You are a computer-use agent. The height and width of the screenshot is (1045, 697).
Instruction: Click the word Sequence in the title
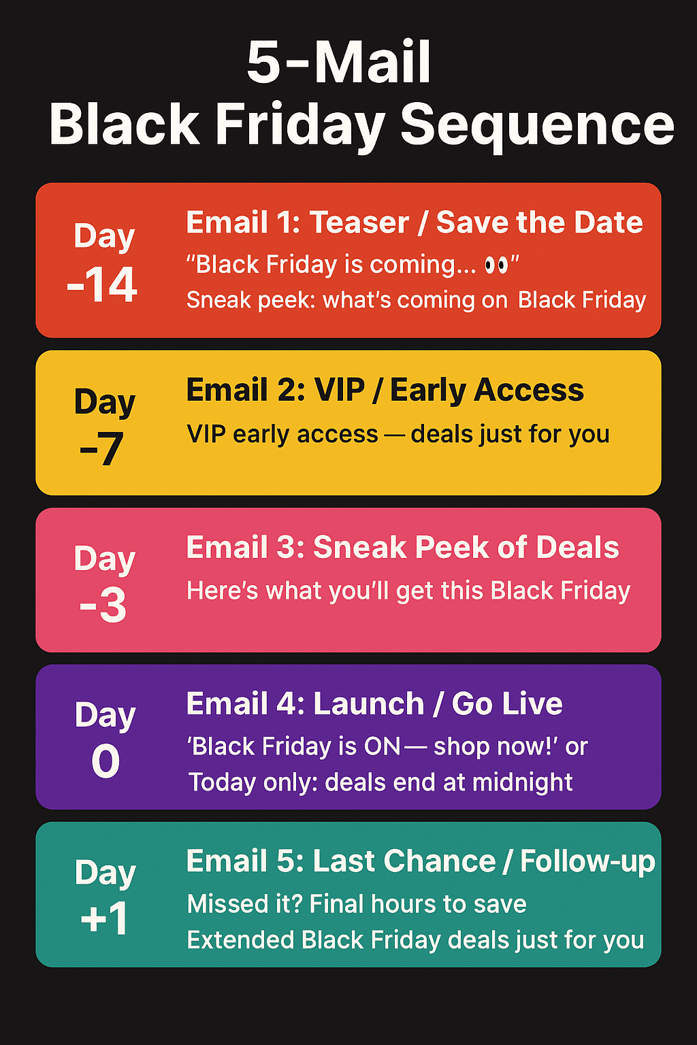click(537, 126)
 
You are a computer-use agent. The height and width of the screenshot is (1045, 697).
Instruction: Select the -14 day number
click(102, 284)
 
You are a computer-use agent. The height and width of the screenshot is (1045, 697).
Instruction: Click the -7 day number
click(101, 448)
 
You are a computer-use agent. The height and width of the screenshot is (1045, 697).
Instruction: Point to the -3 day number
click(103, 605)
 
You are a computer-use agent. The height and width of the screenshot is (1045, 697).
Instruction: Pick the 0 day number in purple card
click(106, 761)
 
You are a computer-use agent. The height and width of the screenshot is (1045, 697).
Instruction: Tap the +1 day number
click(104, 918)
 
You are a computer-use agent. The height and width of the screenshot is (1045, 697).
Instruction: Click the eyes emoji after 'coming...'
click(496, 265)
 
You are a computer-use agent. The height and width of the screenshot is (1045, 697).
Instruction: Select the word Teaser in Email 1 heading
click(359, 222)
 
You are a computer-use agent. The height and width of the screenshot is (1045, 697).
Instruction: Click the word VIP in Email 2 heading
click(339, 390)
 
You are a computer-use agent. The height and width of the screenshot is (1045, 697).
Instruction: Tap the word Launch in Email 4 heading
click(368, 703)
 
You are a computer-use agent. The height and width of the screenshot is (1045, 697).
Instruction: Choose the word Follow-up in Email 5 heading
click(588, 862)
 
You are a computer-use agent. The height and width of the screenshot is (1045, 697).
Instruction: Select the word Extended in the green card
click(240, 940)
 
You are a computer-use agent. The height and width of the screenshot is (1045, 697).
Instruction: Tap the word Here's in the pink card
click(222, 590)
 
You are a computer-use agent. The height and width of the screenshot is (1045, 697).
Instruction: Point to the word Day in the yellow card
click(105, 402)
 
